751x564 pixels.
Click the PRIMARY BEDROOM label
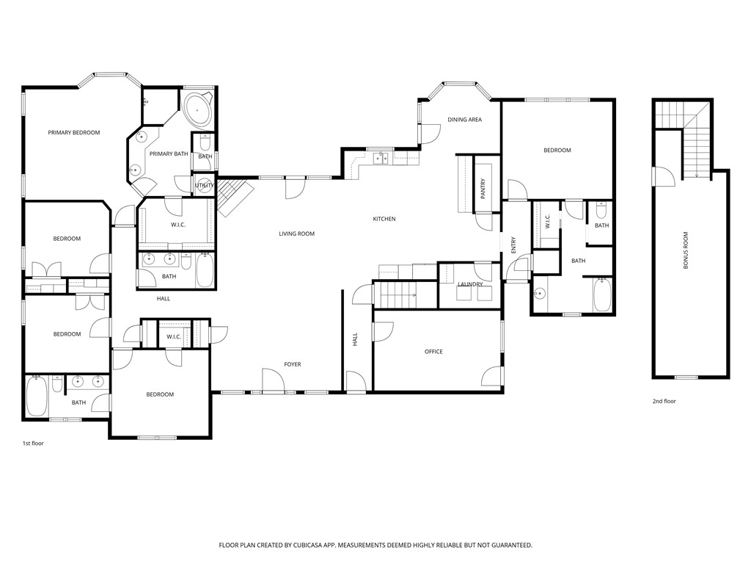click(x=73, y=133)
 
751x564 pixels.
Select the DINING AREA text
click(x=464, y=120)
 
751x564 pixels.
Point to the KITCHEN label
click(x=384, y=219)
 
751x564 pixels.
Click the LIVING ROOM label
click(x=296, y=234)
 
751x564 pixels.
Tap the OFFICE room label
click(x=433, y=352)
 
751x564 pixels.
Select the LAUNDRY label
click(x=469, y=284)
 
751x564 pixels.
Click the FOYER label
click(x=293, y=365)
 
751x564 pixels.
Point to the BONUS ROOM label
click(x=686, y=250)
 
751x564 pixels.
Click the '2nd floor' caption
click(x=664, y=402)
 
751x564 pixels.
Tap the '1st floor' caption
click(x=33, y=444)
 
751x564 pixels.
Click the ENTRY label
click(x=513, y=244)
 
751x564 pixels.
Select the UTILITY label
click(x=205, y=186)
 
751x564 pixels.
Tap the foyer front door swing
click(x=272, y=381)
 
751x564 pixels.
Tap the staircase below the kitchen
click(x=396, y=295)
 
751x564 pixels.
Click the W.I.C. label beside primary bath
click(x=177, y=225)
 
